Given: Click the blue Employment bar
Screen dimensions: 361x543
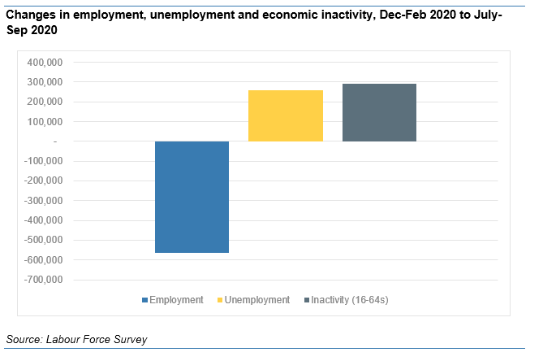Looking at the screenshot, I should click(192, 197).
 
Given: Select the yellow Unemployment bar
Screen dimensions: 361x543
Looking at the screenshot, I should click(285, 115).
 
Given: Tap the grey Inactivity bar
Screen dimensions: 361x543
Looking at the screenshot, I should click(379, 112).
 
